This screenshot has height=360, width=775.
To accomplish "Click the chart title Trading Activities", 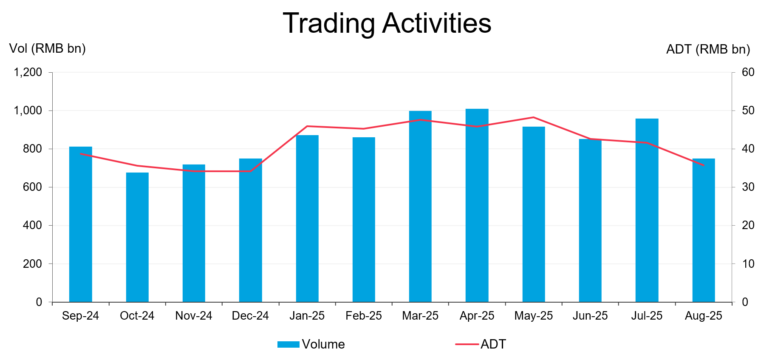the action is [x=387, y=23].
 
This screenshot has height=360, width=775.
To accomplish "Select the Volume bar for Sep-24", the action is [x=81, y=224].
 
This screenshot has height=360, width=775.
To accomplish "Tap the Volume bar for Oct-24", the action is [x=137, y=237].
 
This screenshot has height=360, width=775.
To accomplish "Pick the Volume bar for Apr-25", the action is [x=477, y=205].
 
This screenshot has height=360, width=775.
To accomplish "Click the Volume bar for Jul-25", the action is [x=647, y=210].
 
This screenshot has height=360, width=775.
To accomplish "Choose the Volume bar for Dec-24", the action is [x=251, y=230].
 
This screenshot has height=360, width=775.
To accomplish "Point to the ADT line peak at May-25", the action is [x=534, y=117].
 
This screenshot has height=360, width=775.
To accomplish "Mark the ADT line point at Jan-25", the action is [x=307, y=126].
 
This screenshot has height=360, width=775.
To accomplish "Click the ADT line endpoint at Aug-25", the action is [x=704, y=165].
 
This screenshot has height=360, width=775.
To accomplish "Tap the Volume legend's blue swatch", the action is [x=289, y=344].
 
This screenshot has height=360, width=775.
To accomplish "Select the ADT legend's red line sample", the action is [x=467, y=344].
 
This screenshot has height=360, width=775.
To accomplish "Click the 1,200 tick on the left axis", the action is [x=28, y=72].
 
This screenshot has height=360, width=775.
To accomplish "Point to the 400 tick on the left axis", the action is [x=32, y=225].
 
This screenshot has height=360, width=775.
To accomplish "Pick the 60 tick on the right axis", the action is [x=748, y=72].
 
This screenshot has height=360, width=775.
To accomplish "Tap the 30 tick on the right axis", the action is [x=748, y=187].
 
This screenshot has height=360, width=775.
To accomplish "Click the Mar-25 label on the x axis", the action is [x=420, y=316].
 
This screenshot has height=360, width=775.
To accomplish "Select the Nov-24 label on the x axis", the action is [x=194, y=316].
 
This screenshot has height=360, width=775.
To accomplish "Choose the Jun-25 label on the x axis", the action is [x=590, y=316].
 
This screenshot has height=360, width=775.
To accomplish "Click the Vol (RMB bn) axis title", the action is [x=48, y=49].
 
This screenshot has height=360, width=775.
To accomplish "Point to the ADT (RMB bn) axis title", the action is [x=708, y=50].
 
